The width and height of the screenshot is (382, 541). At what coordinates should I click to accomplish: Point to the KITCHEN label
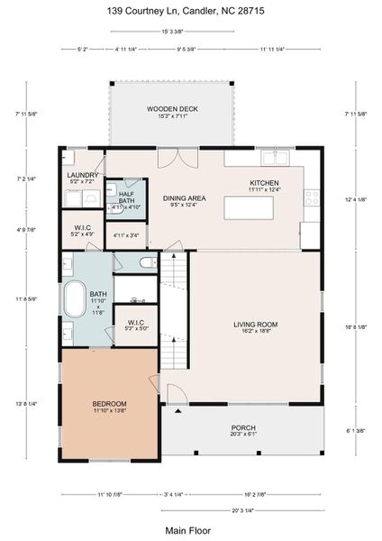[x=264, y=183]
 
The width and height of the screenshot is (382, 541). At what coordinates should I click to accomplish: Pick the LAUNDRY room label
[x=82, y=176]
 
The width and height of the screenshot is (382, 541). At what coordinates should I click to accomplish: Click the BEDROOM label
[x=109, y=403]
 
